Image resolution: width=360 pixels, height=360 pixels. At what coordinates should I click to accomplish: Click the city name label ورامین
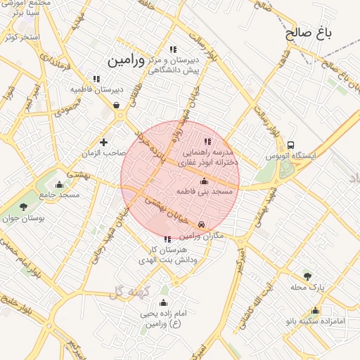pyautogui.click(x=126, y=60)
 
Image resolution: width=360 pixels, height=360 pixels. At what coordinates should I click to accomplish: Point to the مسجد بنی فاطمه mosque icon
pyautogui.click(x=205, y=181)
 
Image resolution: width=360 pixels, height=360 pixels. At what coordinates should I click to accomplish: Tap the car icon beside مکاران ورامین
pyautogui.click(x=202, y=224)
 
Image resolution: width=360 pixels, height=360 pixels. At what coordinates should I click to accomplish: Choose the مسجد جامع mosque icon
pyautogui.click(x=59, y=185)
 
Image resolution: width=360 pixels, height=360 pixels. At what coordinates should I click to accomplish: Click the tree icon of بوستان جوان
pyautogui.click(x=24, y=207)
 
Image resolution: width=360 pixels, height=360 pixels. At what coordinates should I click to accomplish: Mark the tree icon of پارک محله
pyautogui.click(x=307, y=276)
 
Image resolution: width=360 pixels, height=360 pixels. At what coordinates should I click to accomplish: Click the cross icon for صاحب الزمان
pyautogui.click(x=104, y=142)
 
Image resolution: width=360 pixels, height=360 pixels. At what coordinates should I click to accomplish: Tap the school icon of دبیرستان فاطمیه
pyautogui.click(x=96, y=79)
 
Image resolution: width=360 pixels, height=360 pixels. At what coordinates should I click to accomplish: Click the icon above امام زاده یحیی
pyautogui.click(x=164, y=303)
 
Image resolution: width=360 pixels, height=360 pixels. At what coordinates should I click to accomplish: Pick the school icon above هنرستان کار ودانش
pyautogui.click(x=167, y=239)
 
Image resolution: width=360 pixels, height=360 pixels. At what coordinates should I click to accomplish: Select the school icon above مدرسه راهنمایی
pyautogui.click(x=207, y=141)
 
